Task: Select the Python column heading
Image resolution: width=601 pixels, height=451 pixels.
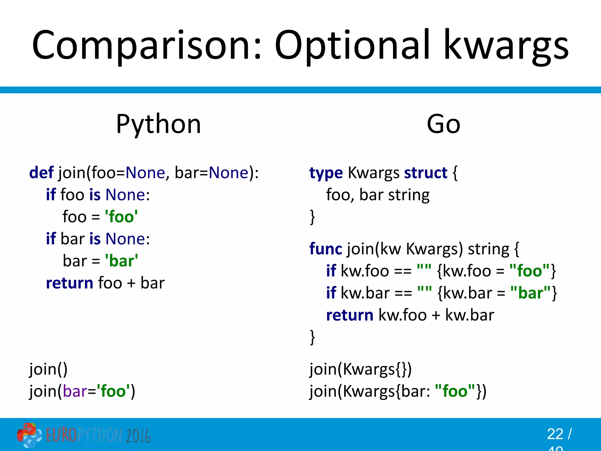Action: point(158,124)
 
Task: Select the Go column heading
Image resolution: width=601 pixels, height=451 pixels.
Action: point(443,124)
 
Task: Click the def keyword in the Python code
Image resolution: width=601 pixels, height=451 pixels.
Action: point(41,172)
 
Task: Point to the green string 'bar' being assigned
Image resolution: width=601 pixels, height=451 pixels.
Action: point(121,261)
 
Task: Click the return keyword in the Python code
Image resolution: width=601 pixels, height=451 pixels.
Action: point(70,283)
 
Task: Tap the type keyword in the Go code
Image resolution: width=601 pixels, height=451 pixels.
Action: point(326,173)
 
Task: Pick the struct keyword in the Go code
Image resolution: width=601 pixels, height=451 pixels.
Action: point(426,172)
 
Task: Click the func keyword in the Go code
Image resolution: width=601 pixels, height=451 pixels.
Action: point(325,249)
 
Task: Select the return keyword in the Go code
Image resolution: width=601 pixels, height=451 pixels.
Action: point(350,315)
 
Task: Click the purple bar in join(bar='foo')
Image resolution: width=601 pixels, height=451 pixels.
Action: point(75,391)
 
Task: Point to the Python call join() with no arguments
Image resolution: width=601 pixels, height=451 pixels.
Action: point(48,369)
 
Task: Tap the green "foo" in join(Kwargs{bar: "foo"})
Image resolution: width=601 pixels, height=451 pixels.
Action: point(455,391)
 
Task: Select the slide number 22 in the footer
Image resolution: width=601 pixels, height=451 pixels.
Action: point(555,434)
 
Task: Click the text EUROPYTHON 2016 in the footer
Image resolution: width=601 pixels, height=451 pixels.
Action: point(98,435)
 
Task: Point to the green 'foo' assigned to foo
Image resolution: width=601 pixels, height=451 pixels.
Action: point(121,217)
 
